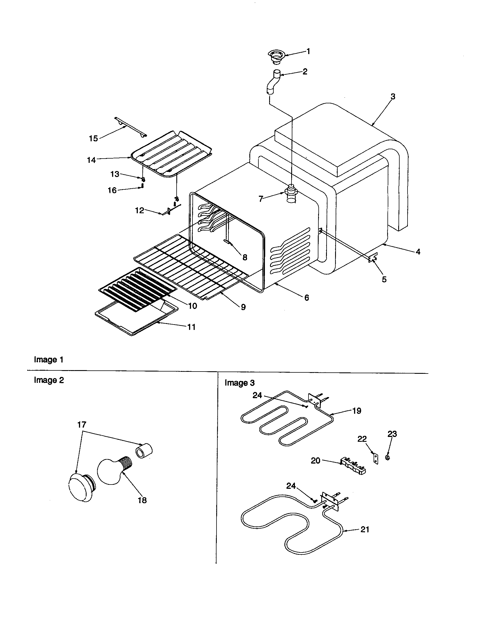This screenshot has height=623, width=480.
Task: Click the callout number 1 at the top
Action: tap(308, 51)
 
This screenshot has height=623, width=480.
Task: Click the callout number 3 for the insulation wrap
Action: tap(393, 97)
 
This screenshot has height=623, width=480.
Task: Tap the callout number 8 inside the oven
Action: tap(245, 257)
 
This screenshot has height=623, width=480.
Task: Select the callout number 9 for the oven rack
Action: tap(243, 307)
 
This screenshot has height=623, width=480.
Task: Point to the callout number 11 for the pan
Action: tap(191, 327)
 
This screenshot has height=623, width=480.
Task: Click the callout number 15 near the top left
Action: tap(93, 138)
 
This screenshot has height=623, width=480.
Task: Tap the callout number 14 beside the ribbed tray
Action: tap(91, 160)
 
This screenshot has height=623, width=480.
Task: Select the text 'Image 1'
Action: tap(48, 360)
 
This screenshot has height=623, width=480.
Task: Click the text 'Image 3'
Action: tap(239, 383)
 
